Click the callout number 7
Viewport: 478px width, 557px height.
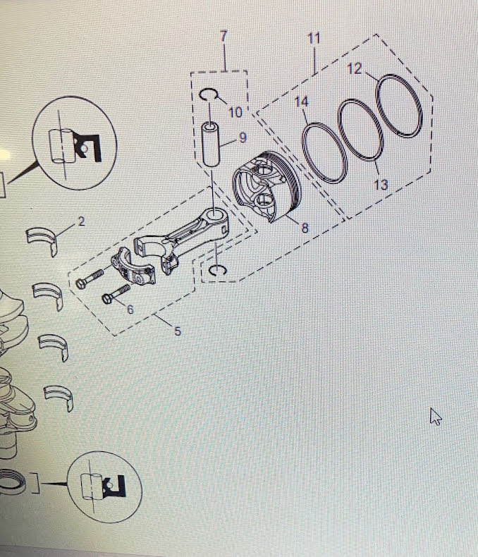point(223,36)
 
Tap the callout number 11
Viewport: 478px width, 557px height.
point(314,38)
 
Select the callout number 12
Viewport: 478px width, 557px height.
point(354,68)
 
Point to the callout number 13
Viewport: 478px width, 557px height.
point(381,185)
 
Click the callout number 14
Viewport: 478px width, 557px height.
point(302,102)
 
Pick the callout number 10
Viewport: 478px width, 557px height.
point(235,112)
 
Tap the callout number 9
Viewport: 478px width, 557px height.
point(243,137)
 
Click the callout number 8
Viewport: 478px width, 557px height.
point(305,228)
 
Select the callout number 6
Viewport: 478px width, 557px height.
point(130,310)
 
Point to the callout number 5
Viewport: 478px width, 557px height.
point(178,331)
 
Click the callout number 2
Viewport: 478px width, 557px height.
point(81,221)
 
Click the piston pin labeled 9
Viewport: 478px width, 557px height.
point(211,144)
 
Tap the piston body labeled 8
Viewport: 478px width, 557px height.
point(266,187)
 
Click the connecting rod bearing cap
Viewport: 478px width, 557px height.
point(134,267)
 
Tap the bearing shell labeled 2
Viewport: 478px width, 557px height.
point(42,239)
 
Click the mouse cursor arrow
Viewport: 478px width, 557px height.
point(435,416)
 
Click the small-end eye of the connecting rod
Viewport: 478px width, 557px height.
point(216,214)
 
